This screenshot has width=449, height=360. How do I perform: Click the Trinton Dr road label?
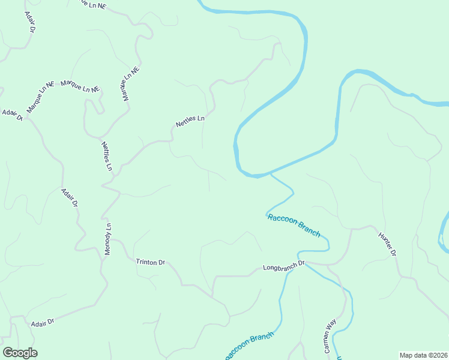(150, 262)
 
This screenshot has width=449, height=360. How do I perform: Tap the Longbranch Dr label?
(284, 264)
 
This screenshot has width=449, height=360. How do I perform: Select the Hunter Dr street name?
(387, 244)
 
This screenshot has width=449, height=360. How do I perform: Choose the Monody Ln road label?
(109, 239)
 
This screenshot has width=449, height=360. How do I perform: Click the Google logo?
(20, 353)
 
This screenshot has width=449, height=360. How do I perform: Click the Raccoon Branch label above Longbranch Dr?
(294, 224)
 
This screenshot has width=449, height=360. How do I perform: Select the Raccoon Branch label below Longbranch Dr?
(249, 346)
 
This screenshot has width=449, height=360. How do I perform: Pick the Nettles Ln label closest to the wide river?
(190, 121)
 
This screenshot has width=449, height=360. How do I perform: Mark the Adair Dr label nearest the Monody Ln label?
(70, 197)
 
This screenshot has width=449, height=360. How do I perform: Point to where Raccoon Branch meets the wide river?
(271, 174)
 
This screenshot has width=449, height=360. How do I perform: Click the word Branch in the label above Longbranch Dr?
(307, 230)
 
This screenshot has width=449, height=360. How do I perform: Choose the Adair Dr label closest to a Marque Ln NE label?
(12, 115)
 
